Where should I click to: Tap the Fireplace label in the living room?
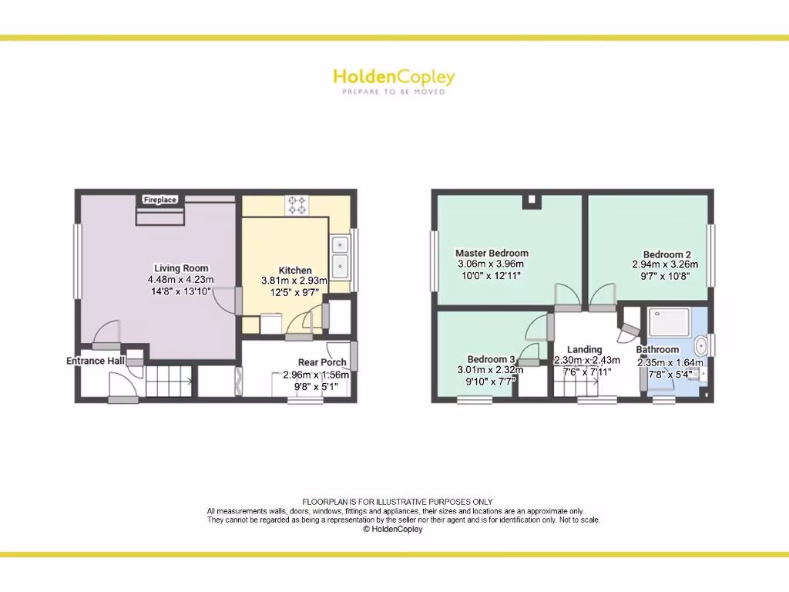coord(160,200)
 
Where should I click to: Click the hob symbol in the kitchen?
coord(297,206)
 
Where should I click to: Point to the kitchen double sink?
coord(340,256)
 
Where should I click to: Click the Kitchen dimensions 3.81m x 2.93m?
coord(294,281)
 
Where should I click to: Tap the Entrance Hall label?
coord(96,361)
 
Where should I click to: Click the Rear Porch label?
coord(322,362)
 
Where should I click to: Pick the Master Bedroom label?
coord(492,253)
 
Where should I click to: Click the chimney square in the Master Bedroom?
coord(530,201)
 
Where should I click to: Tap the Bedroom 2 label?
coord(666,254)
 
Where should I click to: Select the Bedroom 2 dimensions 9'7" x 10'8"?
coord(666,275)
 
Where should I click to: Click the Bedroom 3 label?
coord(491,359)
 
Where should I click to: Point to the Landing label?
coord(584,349)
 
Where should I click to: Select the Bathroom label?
coord(657,349)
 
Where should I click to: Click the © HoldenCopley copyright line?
coord(393,529)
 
